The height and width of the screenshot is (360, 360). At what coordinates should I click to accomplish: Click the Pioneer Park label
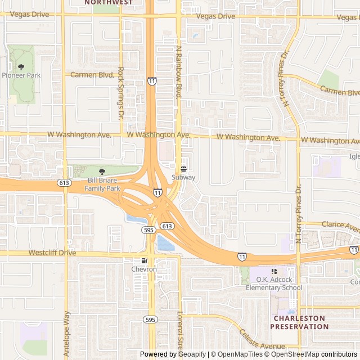pos(21,75)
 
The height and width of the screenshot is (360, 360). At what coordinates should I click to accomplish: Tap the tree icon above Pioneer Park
pos(21,67)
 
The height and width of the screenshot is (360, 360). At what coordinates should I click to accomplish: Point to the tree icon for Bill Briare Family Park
pos(102,172)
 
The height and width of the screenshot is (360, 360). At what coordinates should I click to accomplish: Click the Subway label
pos(183,177)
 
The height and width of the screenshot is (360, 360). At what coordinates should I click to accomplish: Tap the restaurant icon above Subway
pos(183,169)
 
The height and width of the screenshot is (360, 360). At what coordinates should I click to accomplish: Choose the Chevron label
pos(144,269)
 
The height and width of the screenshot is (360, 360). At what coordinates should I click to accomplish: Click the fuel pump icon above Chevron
pos(144,261)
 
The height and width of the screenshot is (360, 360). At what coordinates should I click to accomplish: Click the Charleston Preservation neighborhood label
pos(299,322)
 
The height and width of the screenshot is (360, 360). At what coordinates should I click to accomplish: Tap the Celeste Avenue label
pos(262,339)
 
